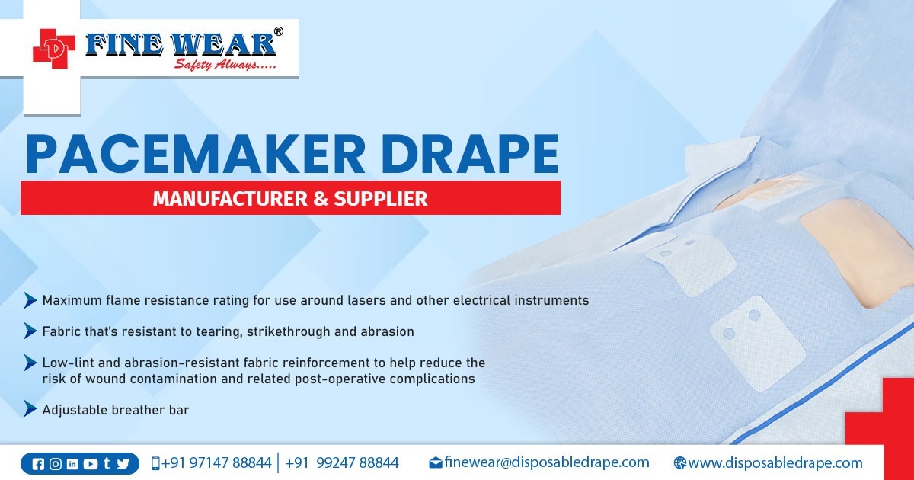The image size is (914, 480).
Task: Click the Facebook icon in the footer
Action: coord(39,463)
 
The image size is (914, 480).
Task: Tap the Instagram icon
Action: coord(56,463)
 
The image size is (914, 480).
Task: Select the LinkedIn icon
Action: coord(73,463)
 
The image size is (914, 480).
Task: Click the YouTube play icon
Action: coord(91,463)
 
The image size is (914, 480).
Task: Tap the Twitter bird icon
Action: coord(123,463)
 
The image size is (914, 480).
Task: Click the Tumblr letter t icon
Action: coord(107,463)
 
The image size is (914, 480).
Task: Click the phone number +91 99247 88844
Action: coord(341,462)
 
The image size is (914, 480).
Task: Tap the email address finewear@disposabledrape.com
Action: coord(546,462)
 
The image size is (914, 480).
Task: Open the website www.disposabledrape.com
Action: coord(775,462)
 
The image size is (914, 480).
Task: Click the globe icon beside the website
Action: coord(680,463)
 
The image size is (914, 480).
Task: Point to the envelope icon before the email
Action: coord(436,462)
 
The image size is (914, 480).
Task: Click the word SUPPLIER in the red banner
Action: coord(385,199)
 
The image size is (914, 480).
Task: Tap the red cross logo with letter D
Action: coord(54,46)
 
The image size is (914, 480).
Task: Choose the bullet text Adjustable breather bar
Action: coord(115,410)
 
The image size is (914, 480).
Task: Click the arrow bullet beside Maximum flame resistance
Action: coord(30,300)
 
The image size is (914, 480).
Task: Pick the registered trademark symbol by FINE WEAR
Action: coord(279,31)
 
